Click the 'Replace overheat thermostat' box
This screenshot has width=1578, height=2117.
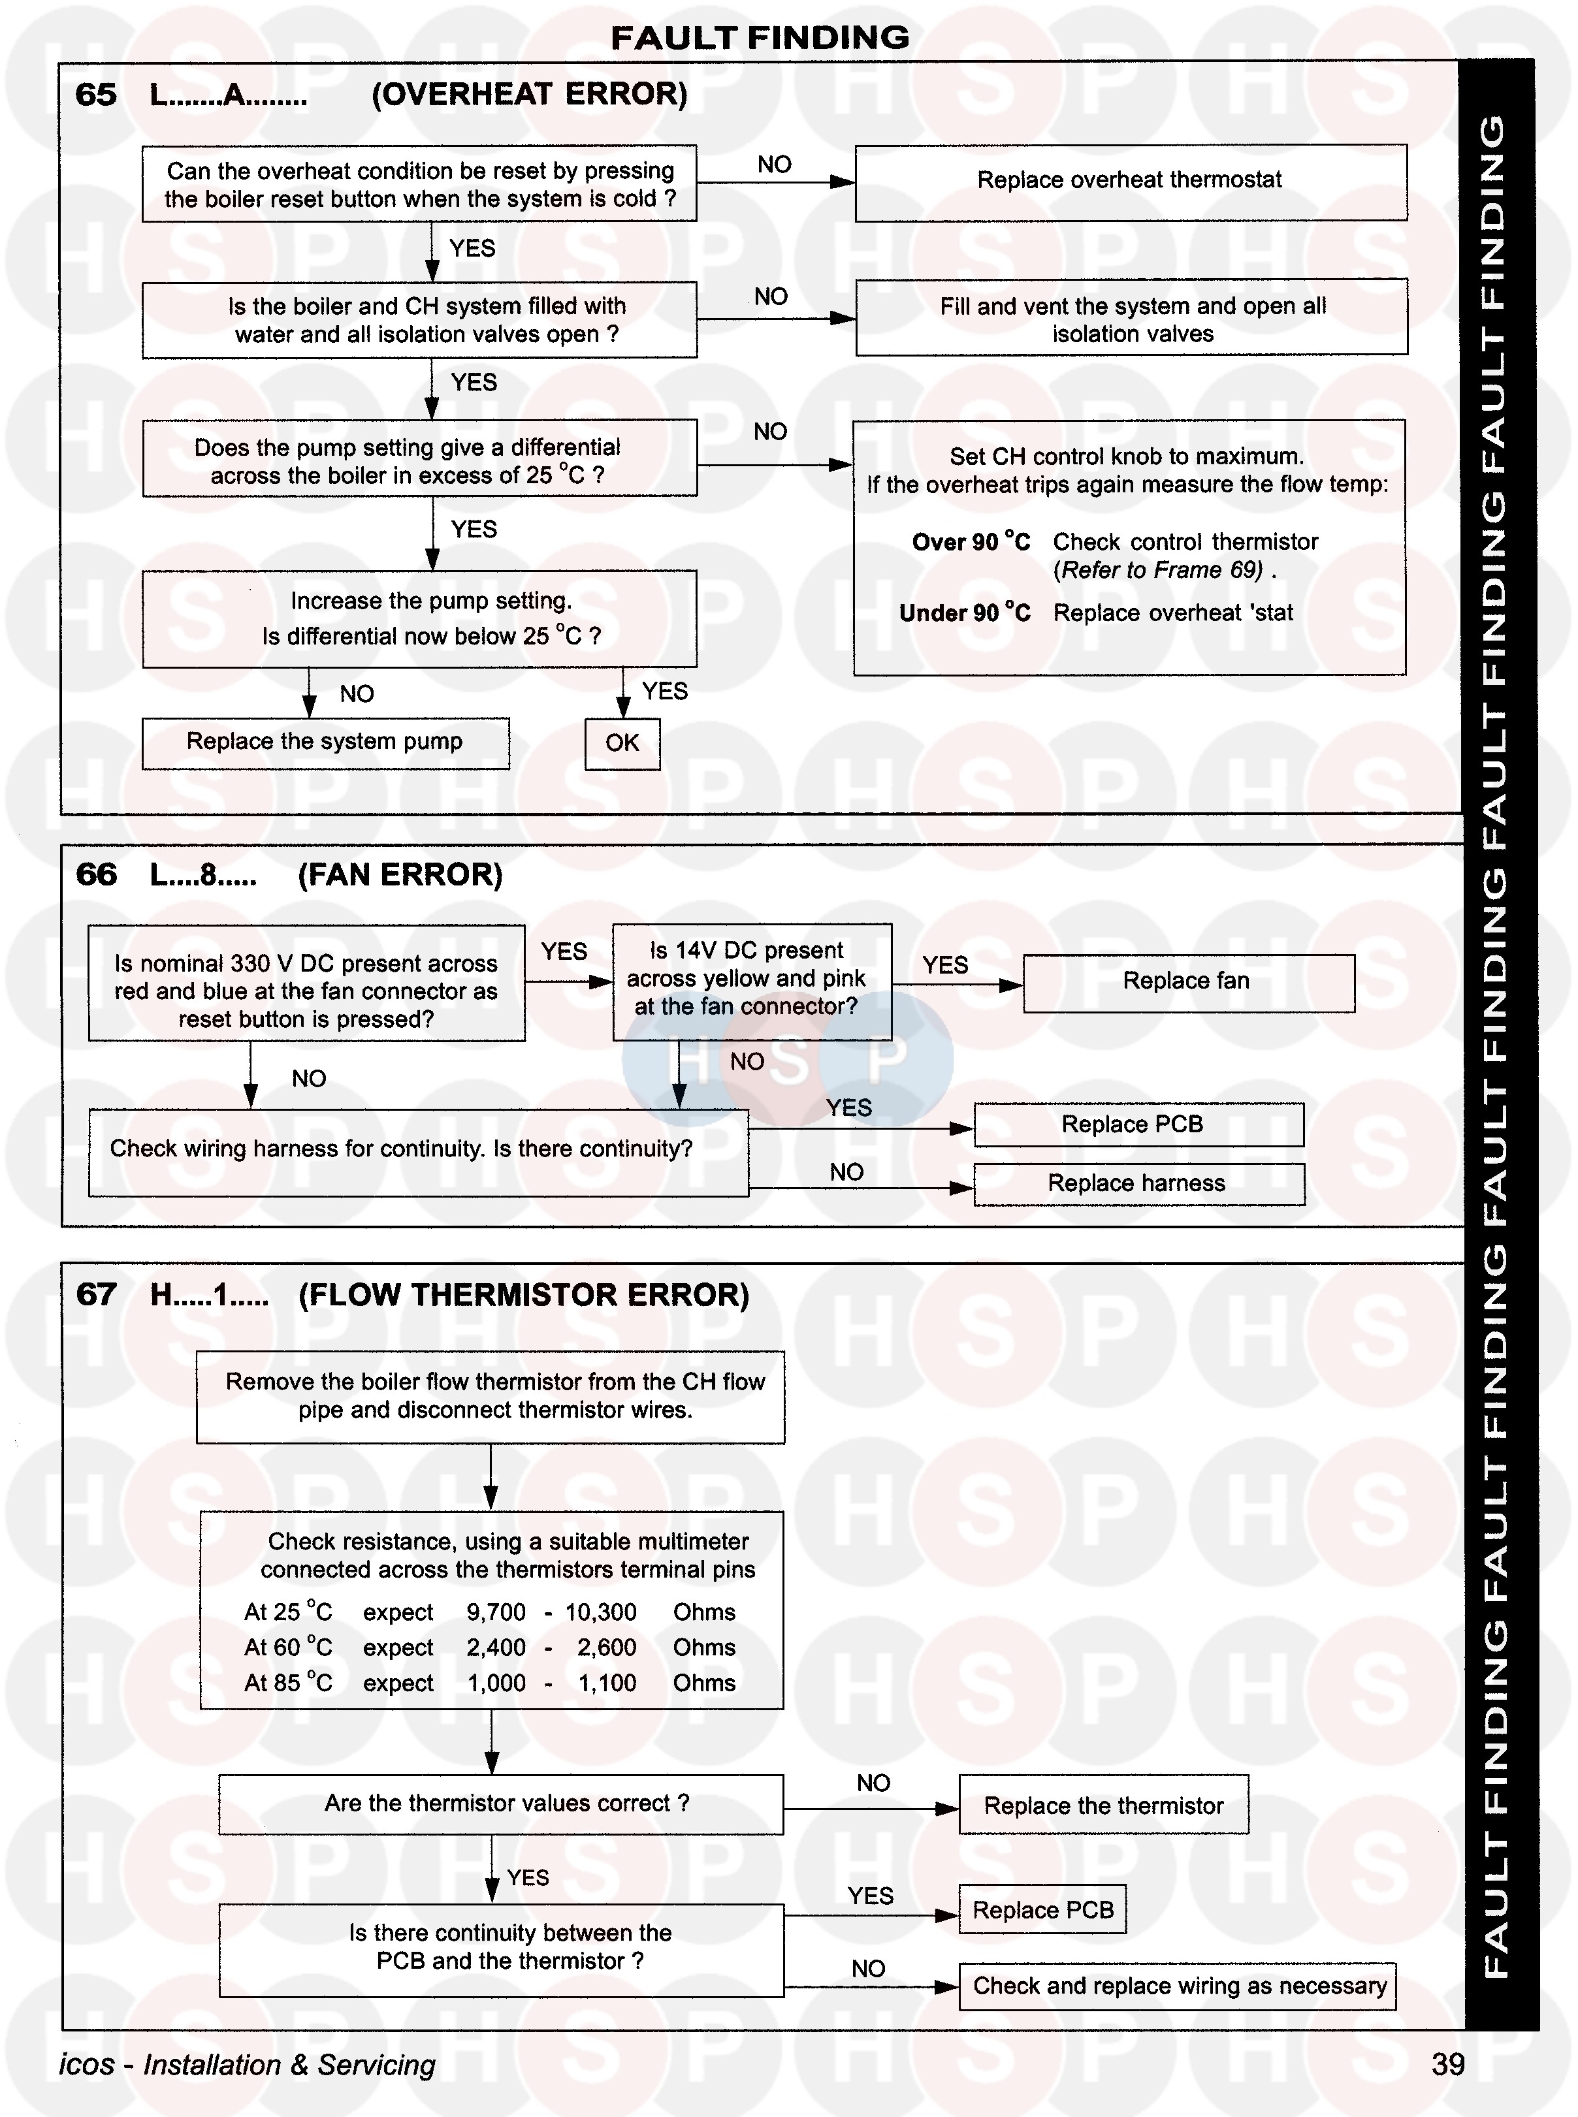pos(1130,182)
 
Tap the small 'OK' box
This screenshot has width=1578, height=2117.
pos(622,743)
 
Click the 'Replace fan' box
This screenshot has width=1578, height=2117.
pos(1187,981)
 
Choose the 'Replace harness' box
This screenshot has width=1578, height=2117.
pos(1138,1184)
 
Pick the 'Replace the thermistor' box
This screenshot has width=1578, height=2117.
pos(1103,1806)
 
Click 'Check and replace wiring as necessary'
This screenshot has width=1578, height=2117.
pos(1179,1986)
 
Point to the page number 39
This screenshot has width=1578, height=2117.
pos(1448,2065)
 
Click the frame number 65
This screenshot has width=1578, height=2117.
pos(95,95)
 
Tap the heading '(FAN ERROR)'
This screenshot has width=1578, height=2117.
pos(400,875)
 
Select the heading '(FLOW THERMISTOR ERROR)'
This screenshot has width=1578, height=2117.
pos(523,1295)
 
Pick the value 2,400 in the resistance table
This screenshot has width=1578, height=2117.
pos(496,1647)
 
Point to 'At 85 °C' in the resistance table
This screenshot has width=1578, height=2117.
pos(287,1683)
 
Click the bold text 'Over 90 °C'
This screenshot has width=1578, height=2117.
pos(971,543)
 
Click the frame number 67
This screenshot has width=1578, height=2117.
pos(95,1295)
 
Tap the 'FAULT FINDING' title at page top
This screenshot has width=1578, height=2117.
pos(760,37)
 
